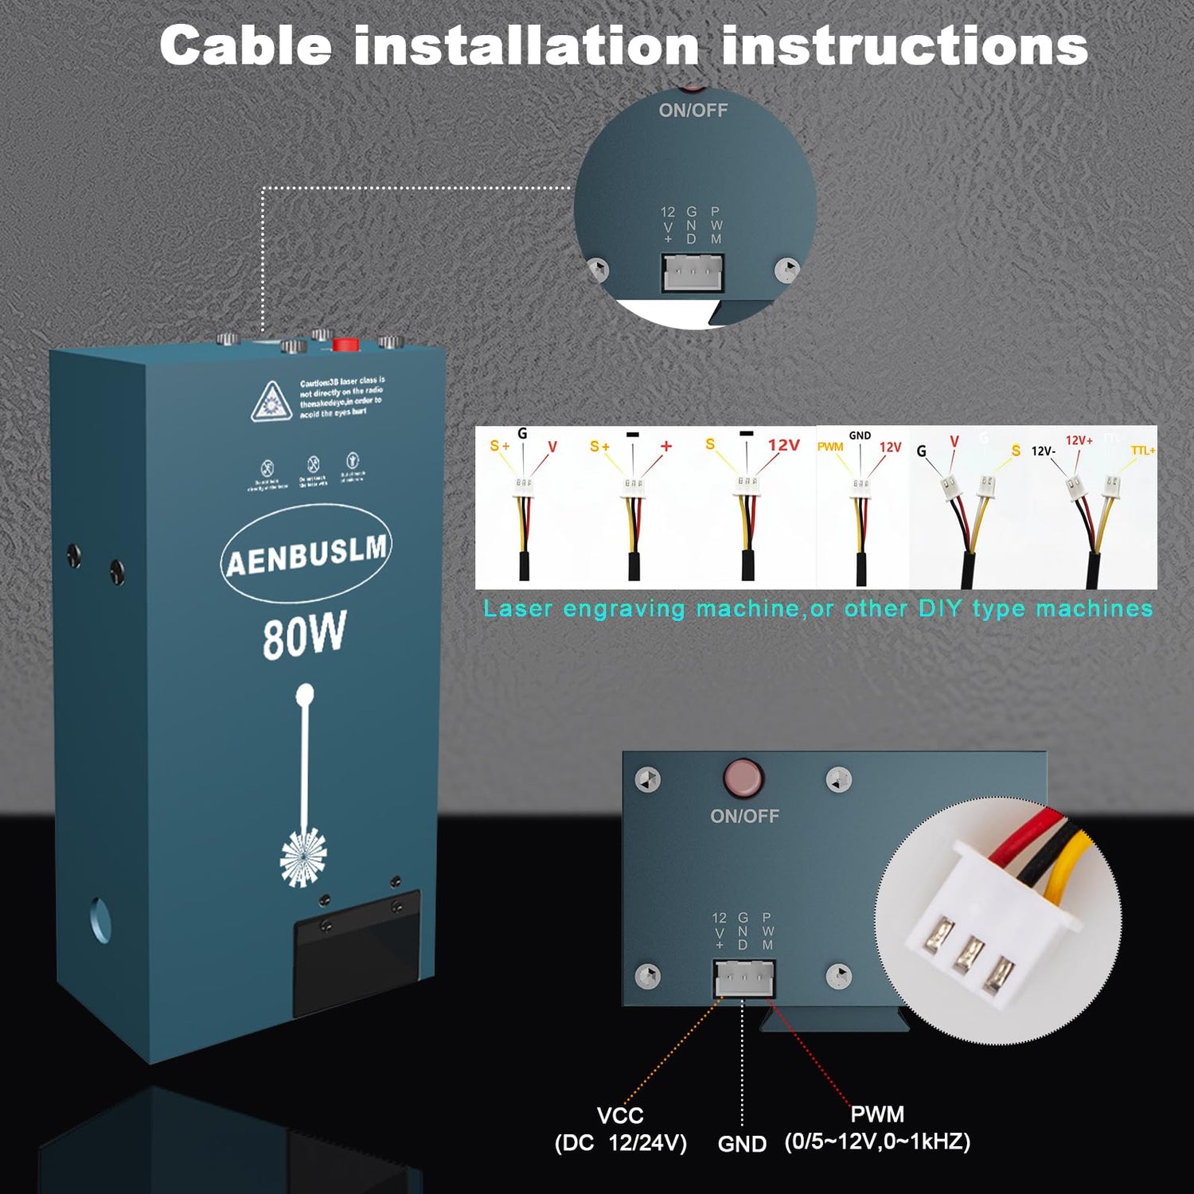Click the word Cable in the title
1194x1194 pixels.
click(x=245, y=45)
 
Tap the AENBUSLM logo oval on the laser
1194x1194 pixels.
click(x=306, y=553)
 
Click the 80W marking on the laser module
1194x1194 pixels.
click(x=304, y=636)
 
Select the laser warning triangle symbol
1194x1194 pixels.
click(x=271, y=401)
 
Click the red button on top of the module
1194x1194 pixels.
click(x=345, y=345)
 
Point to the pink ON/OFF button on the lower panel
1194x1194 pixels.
click(x=743, y=778)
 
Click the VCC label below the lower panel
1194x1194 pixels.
click(x=620, y=1115)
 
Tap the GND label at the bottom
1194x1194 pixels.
click(x=742, y=1144)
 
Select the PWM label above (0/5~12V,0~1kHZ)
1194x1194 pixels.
click(x=877, y=1114)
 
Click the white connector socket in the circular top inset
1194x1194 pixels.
click(x=693, y=273)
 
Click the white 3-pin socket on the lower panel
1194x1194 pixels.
click(x=744, y=978)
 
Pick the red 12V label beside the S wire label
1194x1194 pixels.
click(x=783, y=445)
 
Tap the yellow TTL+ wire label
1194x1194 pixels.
click(x=1142, y=451)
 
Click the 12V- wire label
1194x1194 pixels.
click(x=1043, y=451)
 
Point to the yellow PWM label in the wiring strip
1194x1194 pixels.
click(x=829, y=447)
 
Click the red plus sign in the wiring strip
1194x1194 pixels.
click(x=666, y=446)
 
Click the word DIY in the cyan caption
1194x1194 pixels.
click(x=940, y=609)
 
